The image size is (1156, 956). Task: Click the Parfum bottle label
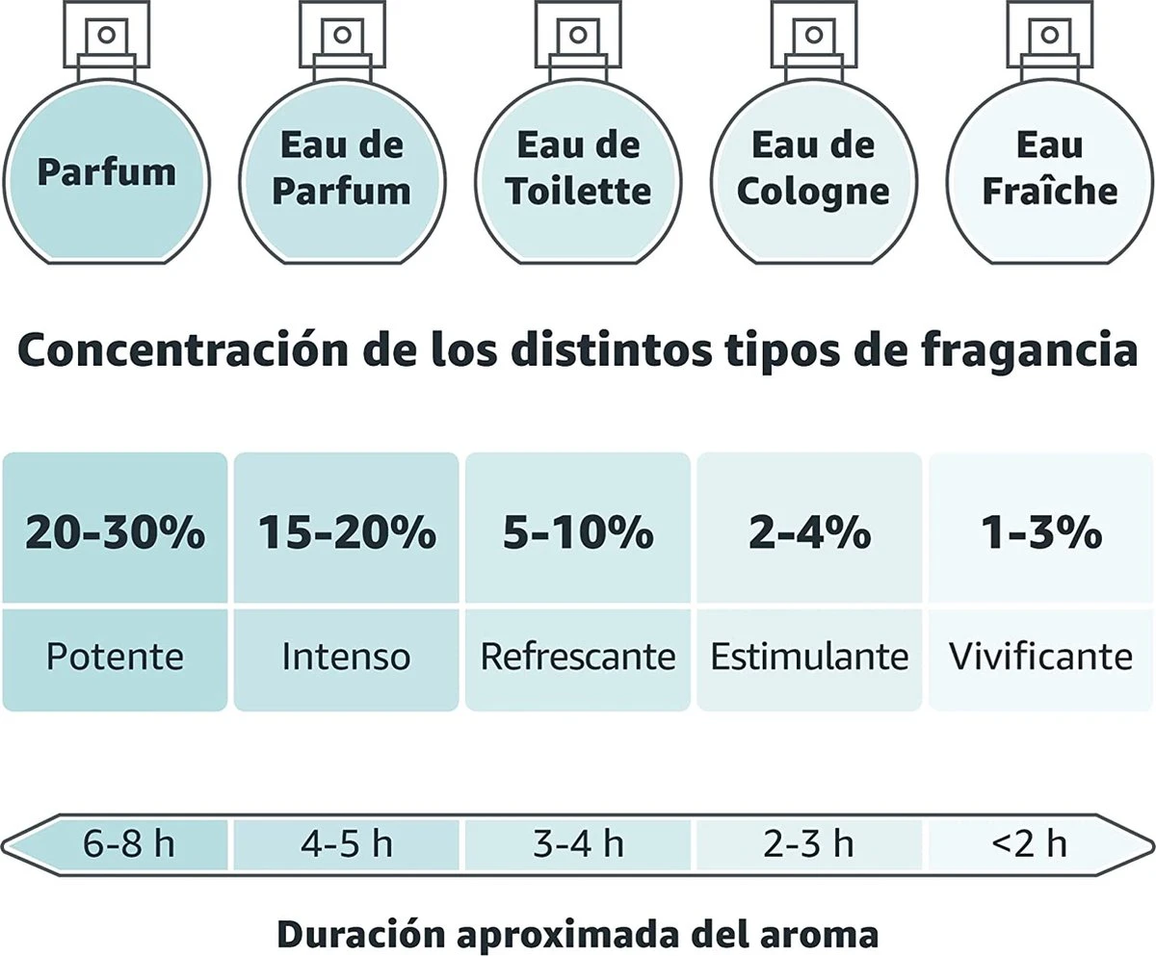(106, 171)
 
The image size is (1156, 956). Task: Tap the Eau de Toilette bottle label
(578, 168)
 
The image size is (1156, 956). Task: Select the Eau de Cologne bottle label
(812, 168)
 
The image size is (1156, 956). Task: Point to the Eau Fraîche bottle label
(1049, 168)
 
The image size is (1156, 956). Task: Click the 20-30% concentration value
(115, 530)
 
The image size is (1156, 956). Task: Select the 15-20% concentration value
(347, 530)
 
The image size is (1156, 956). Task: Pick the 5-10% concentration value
(578, 530)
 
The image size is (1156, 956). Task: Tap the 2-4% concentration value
(810, 530)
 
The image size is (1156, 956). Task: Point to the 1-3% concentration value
(1041, 530)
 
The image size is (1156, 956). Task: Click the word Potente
(115, 658)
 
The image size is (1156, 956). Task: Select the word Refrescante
(578, 658)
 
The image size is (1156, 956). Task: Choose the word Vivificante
(1041, 658)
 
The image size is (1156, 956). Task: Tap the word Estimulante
(810, 658)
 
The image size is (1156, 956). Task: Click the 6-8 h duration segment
(129, 844)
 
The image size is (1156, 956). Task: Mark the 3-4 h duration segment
(578, 844)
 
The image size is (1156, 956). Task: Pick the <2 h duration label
(1029, 844)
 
